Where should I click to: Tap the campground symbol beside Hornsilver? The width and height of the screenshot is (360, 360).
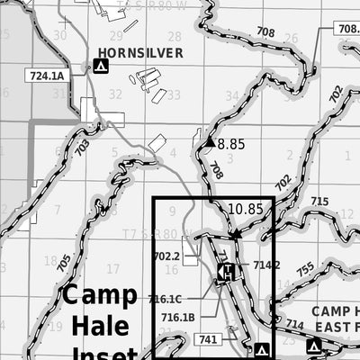pyautogui.click(x=101, y=66)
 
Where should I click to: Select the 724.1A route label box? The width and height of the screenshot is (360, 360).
pyautogui.click(x=48, y=76)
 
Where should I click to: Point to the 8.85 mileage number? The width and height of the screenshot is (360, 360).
pyautogui.click(x=231, y=143)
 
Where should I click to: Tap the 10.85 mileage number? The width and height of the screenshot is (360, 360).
pyautogui.click(x=245, y=209)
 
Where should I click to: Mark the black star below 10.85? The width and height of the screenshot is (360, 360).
pyautogui.click(x=236, y=234)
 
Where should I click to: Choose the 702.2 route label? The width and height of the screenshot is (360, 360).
pyautogui.click(x=166, y=256)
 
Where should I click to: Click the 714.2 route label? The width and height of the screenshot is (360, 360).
pyautogui.click(x=267, y=265)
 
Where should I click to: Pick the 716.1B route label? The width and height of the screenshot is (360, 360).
pyautogui.click(x=178, y=317)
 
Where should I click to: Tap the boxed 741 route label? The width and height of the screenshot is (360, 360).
pyautogui.click(x=206, y=340)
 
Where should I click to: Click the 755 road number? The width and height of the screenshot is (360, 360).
pyautogui.click(x=304, y=269)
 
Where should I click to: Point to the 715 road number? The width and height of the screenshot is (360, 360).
pyautogui.click(x=319, y=201)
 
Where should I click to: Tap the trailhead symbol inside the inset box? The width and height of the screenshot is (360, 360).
pyautogui.click(x=228, y=272)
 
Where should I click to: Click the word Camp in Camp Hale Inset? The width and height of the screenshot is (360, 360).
pyautogui.click(x=99, y=296)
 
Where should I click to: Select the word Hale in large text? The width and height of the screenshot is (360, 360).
pyautogui.click(x=100, y=325)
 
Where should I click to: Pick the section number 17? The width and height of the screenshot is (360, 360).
pyautogui.click(x=112, y=269)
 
